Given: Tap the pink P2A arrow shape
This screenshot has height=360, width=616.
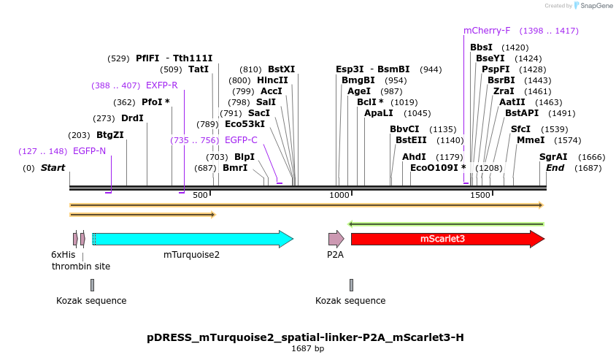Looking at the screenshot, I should pos(336,239).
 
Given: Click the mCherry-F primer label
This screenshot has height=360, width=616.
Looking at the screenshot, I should pos(487,31).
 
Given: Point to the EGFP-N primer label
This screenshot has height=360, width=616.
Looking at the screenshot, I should pos(90,151).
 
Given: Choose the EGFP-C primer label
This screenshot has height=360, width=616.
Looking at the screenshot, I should pos(241,140).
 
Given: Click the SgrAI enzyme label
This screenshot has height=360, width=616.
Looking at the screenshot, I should pos(553,157).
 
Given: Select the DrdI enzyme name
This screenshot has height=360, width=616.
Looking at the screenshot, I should pos(132,118).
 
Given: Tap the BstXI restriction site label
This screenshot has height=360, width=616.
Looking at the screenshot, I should pos(281,69).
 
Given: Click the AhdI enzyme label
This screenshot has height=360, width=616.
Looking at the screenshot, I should pos(414,157).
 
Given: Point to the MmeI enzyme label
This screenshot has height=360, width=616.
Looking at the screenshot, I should pos(531,140).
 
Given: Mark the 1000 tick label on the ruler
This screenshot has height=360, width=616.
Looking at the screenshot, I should pos(339,195).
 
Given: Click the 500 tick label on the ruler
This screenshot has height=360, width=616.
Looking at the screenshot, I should pos(200,195).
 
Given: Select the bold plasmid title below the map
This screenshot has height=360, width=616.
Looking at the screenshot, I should pos(305,337).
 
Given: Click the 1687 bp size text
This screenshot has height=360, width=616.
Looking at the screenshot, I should pos(307,349).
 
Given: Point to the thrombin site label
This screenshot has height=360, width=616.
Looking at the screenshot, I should pos(81,267).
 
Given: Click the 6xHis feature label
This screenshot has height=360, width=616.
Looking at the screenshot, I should pos(63,255).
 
